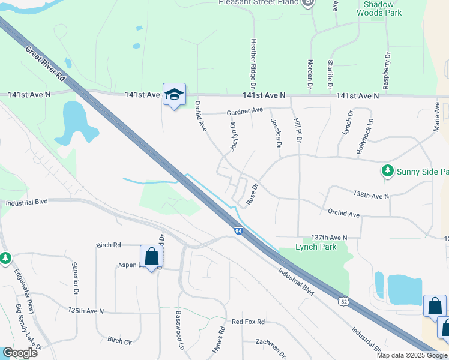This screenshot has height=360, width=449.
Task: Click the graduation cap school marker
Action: point(174,95)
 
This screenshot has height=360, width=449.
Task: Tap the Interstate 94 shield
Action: point(238,230)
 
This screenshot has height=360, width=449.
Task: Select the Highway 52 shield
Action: point(342,300)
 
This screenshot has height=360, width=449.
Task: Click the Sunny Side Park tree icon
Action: point(388,172)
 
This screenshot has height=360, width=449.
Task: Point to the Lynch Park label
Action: point(316,247)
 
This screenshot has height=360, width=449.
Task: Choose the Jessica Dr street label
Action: point(276,133)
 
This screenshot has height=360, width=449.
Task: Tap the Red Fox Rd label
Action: point(248,322)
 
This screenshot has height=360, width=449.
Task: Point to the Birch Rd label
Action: point(109,245)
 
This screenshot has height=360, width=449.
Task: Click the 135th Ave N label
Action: point(86,311)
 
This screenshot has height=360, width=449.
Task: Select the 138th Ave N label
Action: point(371,196)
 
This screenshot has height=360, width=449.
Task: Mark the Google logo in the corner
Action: point(20,353)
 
